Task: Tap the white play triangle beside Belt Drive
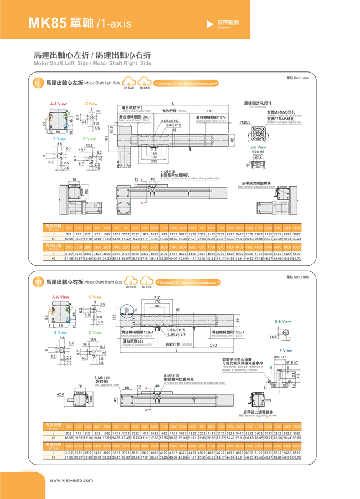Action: pyautogui.click(x=209, y=24)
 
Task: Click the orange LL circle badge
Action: pyautogui.click(x=38, y=83)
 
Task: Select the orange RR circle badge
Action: pyautogui.click(x=38, y=282)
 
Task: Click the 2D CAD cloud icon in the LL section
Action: pyautogui.click(x=128, y=83)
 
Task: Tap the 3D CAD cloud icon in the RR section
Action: pyautogui.click(x=146, y=282)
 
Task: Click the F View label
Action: pyautogui.click(x=286, y=351)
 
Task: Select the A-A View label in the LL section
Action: pyautogui.click(x=59, y=104)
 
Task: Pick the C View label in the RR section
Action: pyautogui.click(x=95, y=297)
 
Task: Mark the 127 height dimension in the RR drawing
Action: pyautogui.click(x=113, y=317)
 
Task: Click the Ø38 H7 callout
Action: pyautogui.click(x=279, y=357)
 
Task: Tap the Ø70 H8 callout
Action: pyautogui.click(x=258, y=152)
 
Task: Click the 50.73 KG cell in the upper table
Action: pyautogui.click(x=296, y=258)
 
